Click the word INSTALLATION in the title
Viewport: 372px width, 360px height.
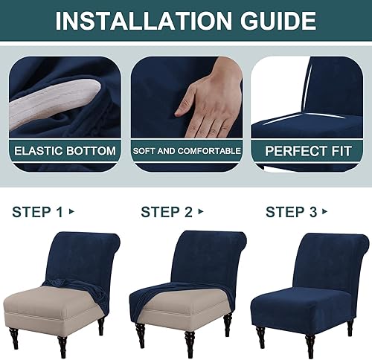click(144, 21)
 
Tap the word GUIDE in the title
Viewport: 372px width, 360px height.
click(278, 21)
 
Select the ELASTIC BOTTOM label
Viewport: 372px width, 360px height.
click(65, 151)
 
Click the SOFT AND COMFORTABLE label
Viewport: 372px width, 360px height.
click(187, 151)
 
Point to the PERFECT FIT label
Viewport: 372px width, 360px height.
click(308, 151)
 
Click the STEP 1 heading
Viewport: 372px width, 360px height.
click(37, 212)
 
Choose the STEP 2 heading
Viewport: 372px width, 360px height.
click(167, 212)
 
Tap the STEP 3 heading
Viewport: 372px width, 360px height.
click(291, 212)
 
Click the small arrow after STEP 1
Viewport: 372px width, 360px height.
click(71, 212)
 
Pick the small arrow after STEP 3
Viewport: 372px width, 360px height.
click(324, 212)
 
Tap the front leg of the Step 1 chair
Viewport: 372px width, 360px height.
click(62, 347)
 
